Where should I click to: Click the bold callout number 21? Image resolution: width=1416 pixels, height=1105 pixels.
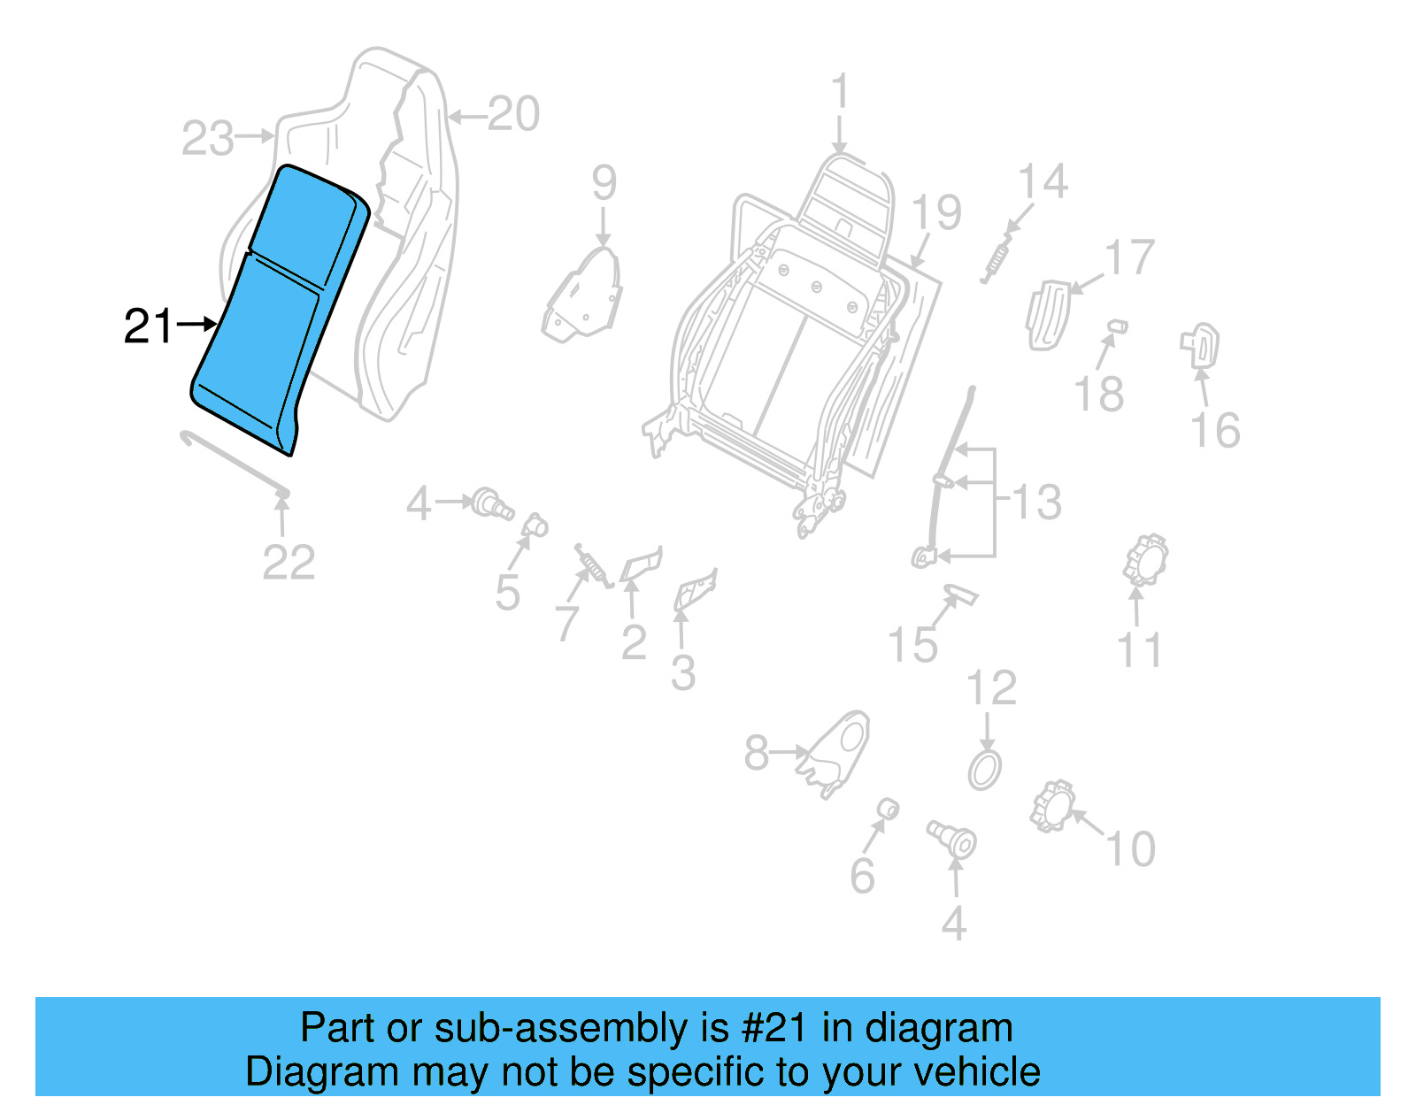[149, 326]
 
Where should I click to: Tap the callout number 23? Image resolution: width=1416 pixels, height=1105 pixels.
[208, 139]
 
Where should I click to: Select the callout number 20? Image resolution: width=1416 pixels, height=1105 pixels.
[513, 115]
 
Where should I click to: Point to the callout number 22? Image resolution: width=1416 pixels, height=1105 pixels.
[289, 563]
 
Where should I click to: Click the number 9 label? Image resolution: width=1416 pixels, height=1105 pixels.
[604, 183]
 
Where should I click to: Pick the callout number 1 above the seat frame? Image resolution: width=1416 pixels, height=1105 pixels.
[840, 92]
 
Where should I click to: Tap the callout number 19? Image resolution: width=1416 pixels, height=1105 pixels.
[936, 213]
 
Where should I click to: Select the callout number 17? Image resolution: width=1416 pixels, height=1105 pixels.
[1130, 257]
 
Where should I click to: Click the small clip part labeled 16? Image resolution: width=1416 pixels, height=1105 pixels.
[1200, 345]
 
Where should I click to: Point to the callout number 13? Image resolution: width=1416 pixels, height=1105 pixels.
[1036, 502]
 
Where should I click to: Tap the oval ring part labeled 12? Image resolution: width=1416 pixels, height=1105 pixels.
[985, 770]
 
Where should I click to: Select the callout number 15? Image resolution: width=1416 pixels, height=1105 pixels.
[912, 645]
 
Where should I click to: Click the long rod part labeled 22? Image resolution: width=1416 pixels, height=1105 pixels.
[235, 462]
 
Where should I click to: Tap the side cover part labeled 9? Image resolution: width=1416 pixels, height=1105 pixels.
[584, 296]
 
